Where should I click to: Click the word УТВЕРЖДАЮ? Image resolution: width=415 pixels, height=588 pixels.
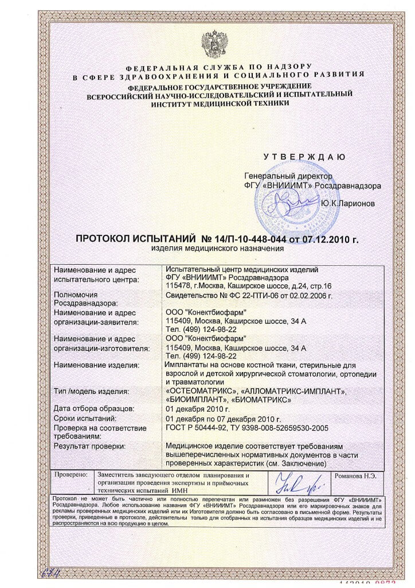304,157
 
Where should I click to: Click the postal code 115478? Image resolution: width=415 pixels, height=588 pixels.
177,286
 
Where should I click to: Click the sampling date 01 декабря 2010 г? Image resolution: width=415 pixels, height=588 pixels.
197,409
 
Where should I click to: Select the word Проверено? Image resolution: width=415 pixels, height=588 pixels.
71,476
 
